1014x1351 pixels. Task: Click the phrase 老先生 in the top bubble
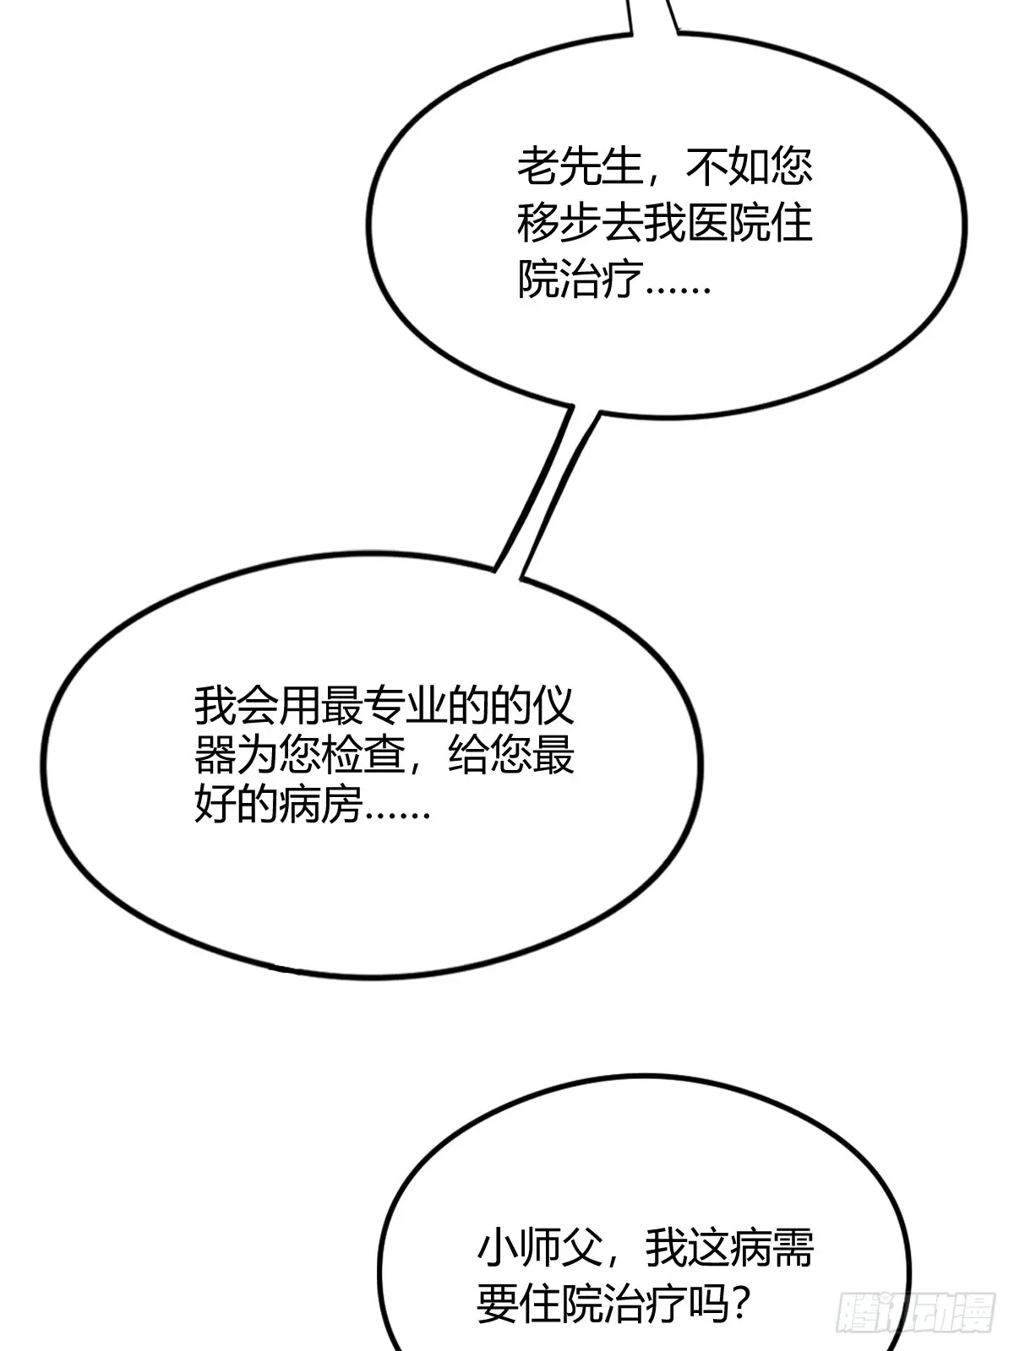tap(581, 167)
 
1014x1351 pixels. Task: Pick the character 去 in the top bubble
tap(623, 224)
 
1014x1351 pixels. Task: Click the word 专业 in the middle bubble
tap(406, 705)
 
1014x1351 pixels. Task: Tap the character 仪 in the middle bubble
tap(553, 705)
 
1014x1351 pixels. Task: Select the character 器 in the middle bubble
tap(215, 755)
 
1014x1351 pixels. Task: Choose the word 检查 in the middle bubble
tap(363, 755)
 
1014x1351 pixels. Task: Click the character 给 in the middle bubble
tap(469, 755)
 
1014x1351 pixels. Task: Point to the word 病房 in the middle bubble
tap(321, 803)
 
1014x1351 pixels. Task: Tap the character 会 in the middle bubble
tap(258, 705)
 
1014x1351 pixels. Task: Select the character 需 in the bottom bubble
tap(793, 1248)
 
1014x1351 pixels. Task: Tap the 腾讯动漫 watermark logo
tap(915, 1313)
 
